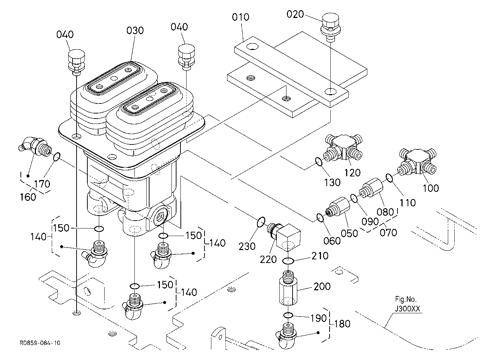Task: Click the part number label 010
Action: [240, 17]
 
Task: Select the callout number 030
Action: [135, 31]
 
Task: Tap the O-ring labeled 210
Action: [288, 261]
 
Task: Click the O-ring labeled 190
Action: [288, 315]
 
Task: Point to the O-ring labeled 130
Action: [319, 162]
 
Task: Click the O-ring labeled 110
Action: [389, 178]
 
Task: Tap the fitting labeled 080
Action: [371, 188]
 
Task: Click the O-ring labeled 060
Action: [320, 218]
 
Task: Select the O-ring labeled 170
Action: [57, 157]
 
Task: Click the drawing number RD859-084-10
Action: [40, 343]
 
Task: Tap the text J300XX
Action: [408, 309]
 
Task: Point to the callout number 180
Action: [342, 324]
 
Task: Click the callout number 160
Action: [28, 197]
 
